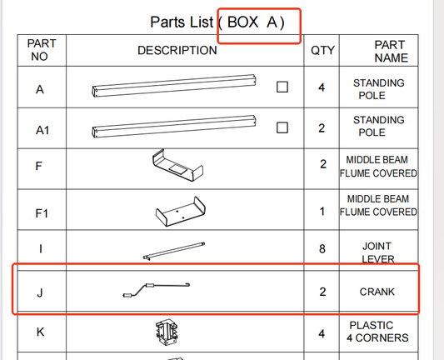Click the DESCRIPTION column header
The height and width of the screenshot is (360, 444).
(x=177, y=51)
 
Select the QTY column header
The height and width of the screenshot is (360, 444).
(x=322, y=51)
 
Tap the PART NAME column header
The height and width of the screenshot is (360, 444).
(x=391, y=52)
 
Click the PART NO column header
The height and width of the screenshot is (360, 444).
(x=42, y=50)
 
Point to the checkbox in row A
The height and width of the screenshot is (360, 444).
(x=282, y=87)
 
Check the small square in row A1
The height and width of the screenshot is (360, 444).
(x=282, y=127)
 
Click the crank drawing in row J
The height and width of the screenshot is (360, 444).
(x=157, y=290)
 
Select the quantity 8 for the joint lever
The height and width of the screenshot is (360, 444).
(x=322, y=249)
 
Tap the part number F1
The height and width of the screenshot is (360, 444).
(x=42, y=213)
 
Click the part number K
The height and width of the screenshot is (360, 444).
(x=40, y=332)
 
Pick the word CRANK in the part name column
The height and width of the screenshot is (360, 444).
(x=377, y=292)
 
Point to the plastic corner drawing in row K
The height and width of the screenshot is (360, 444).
(x=167, y=332)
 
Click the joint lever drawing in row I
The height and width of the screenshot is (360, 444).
(x=174, y=251)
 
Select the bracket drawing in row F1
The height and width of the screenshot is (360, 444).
(x=181, y=212)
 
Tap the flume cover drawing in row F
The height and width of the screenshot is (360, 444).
(x=177, y=165)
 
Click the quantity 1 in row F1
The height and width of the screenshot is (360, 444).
(x=322, y=212)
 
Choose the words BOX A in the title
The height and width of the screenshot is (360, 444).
(x=252, y=22)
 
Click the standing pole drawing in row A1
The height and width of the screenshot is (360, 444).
(x=174, y=127)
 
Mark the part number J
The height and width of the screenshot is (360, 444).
(x=40, y=292)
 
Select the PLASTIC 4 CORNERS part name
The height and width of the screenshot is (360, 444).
(x=377, y=332)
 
